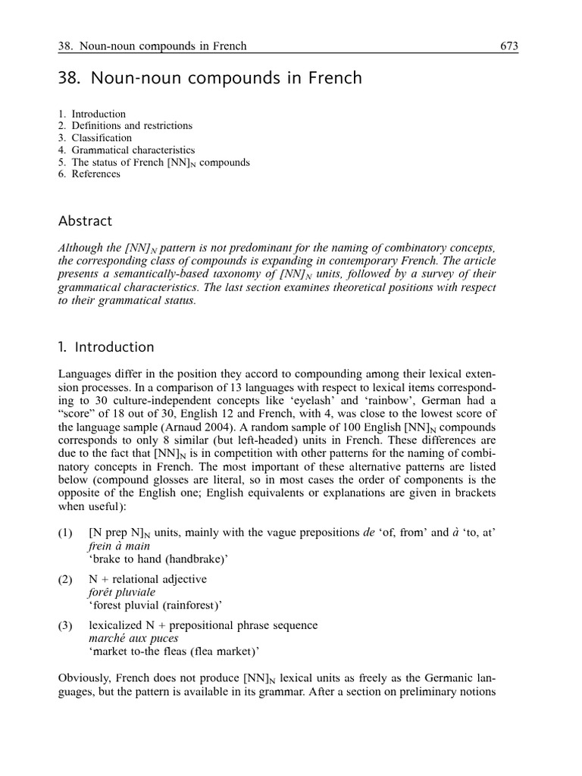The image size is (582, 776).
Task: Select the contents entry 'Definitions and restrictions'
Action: click(x=132, y=126)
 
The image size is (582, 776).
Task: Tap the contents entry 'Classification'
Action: click(x=102, y=138)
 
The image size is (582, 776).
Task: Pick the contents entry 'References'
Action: click(x=95, y=174)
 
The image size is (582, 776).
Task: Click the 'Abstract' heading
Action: click(x=85, y=221)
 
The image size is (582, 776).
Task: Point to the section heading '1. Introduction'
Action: click(x=106, y=347)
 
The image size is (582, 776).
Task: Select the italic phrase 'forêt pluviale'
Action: click(x=122, y=592)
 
